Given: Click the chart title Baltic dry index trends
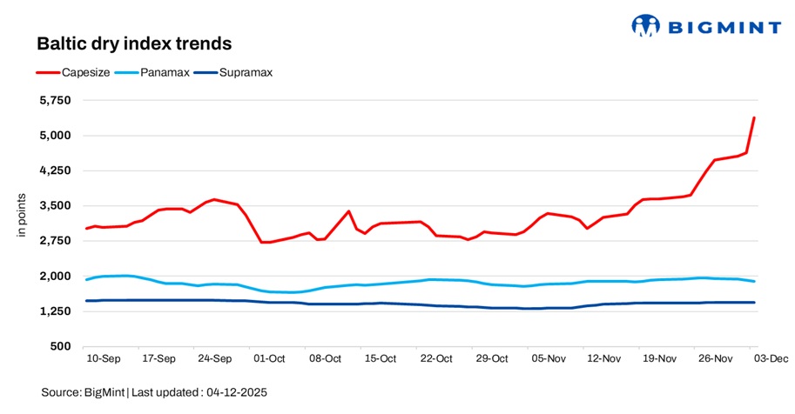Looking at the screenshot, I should point(133,43).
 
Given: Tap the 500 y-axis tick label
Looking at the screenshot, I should point(60,347).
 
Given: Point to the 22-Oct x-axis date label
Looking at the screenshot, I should point(435,357).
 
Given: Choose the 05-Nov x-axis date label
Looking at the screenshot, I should point(548,357).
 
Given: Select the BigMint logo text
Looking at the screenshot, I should point(724,28).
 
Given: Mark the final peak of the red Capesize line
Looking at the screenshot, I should point(754,117).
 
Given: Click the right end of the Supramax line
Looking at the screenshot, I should point(754,303).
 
